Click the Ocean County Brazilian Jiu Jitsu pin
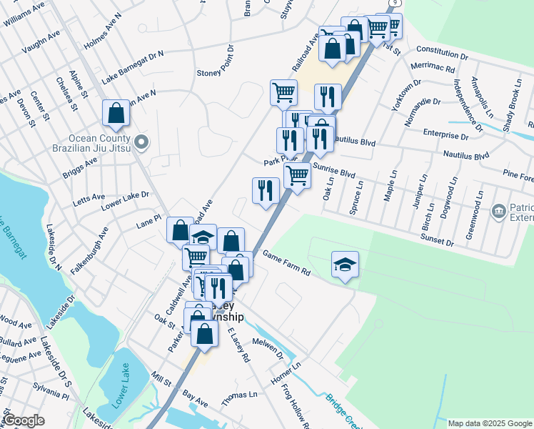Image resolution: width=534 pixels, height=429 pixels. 141,142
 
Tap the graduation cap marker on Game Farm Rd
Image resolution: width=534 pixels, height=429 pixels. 345,265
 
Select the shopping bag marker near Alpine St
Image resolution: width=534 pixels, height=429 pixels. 115,113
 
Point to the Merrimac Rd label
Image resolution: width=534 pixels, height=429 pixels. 433,69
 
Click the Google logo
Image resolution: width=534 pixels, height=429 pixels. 23,420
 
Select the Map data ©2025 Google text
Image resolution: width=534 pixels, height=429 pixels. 490,423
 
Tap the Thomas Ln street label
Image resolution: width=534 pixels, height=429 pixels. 238,394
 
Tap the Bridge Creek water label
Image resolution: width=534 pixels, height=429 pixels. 345,408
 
